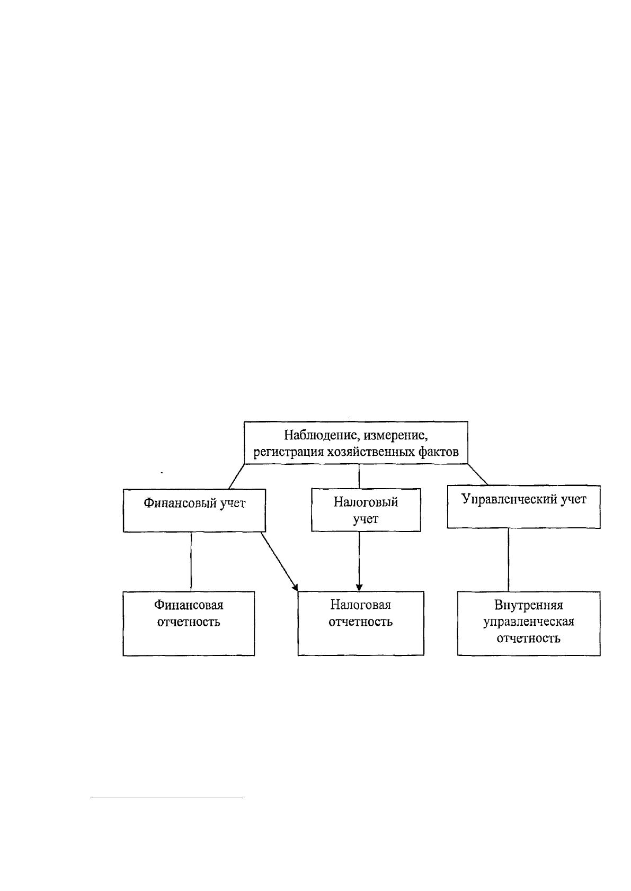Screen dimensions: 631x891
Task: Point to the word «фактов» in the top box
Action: (x=440, y=452)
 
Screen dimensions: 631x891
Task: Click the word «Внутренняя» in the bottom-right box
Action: (x=529, y=605)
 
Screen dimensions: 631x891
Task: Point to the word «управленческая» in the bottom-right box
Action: (x=529, y=622)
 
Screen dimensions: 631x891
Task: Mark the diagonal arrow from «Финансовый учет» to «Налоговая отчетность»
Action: (x=279, y=561)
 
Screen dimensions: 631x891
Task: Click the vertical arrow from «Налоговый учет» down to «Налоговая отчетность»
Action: (x=359, y=561)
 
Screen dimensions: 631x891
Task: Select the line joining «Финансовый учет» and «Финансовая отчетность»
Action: (x=191, y=562)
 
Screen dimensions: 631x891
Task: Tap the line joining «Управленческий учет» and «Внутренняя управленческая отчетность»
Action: (x=509, y=560)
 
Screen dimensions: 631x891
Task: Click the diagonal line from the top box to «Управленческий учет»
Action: (x=478, y=474)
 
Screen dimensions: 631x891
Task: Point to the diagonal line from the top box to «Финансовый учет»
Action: (x=236, y=476)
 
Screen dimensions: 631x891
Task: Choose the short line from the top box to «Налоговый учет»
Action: (x=359, y=476)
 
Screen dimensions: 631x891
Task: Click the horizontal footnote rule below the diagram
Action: (x=166, y=797)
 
